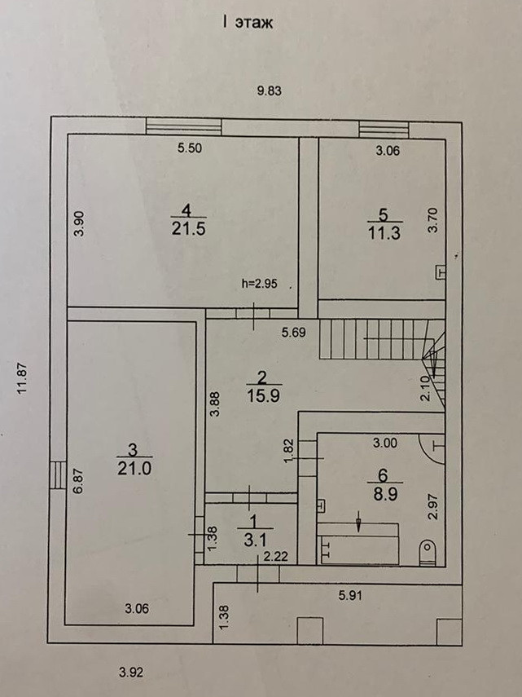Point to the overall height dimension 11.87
point(24,378)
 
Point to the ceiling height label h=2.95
point(260,284)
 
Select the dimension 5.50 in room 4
point(190,148)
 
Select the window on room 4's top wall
point(183,126)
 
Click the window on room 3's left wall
point(56,474)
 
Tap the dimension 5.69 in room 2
point(295,332)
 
